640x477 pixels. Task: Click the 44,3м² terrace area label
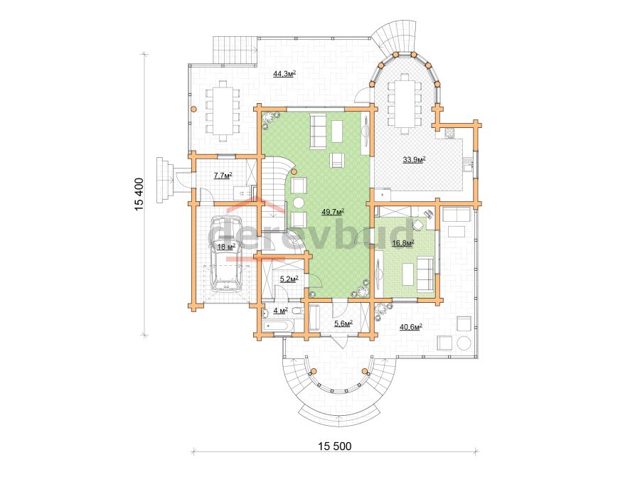284,73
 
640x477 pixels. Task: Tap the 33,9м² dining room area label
415,159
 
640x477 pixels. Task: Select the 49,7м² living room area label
333,211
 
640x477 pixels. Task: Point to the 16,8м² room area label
403,244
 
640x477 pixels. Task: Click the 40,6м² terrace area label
410,326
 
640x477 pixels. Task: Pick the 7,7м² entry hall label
223,176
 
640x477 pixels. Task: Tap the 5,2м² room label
289,279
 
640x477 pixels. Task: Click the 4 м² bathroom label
280,311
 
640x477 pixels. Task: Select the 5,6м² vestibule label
343,323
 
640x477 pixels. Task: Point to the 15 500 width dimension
335,446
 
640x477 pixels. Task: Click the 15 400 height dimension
139,194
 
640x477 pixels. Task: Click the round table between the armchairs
299,203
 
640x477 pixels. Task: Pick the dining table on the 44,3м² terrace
223,110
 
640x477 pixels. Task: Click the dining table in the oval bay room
405,104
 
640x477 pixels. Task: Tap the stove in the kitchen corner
449,133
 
